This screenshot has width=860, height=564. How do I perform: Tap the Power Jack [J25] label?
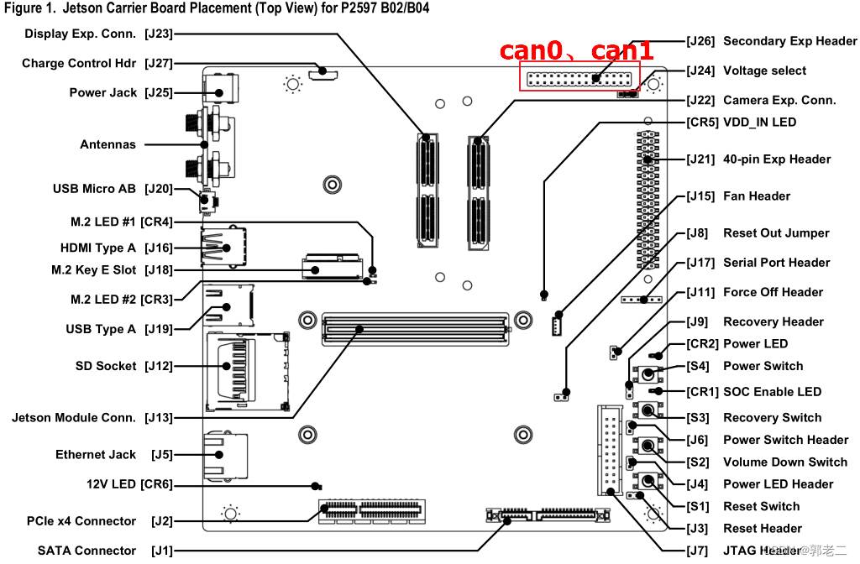pos(121,92)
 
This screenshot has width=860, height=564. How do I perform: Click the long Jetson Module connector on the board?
pos(415,328)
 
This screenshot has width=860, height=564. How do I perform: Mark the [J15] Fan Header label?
pos(738,196)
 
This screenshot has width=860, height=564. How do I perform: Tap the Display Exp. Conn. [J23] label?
pos(98,34)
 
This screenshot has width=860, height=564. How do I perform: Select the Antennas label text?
pos(107,144)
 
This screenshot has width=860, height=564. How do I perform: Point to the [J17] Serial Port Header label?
pos(758,262)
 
